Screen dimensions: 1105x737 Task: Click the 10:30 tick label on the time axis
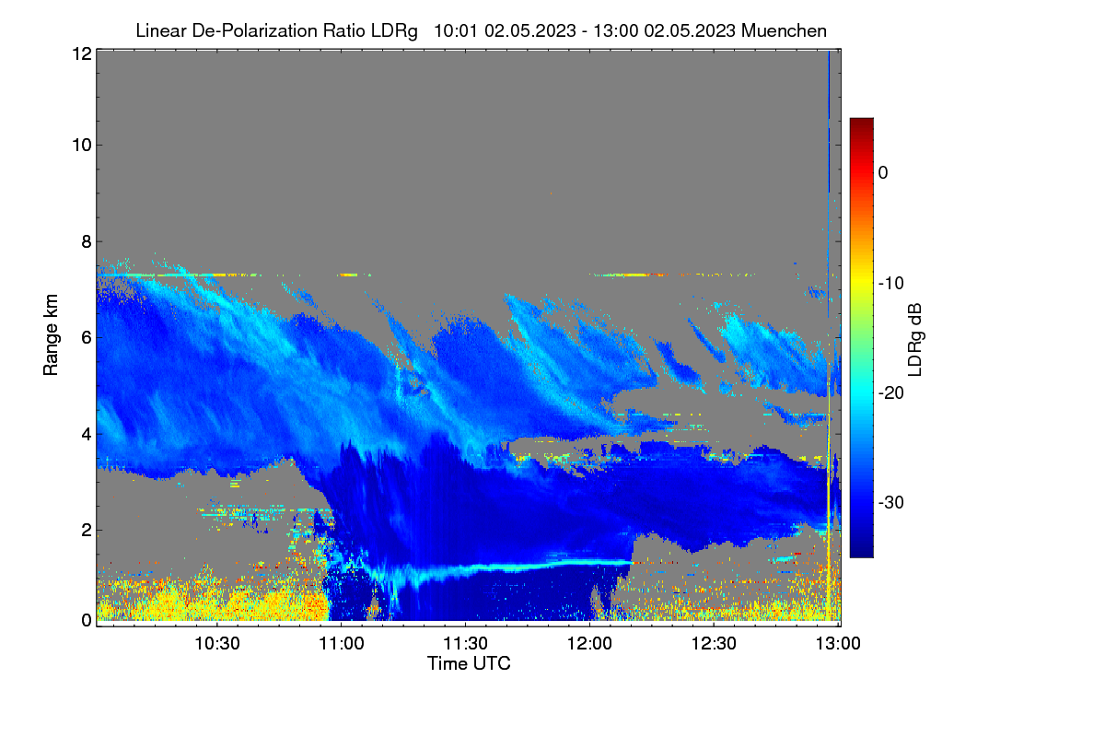point(217,643)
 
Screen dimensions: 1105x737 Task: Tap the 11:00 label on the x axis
point(342,643)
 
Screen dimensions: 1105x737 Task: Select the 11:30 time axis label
point(466,643)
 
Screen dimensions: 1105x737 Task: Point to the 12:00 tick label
point(589,643)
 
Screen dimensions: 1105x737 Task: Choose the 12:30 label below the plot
point(714,643)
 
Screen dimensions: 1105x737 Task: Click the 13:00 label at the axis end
point(838,643)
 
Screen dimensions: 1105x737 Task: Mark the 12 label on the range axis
point(82,53)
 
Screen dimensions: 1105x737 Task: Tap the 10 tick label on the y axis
point(82,146)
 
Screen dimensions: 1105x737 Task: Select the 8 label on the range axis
point(87,241)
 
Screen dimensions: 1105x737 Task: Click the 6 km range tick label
point(87,338)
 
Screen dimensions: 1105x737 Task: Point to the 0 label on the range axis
point(87,620)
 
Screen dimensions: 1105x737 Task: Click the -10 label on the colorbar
point(891,283)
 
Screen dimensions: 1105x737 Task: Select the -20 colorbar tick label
point(891,393)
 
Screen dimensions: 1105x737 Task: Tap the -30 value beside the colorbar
point(891,502)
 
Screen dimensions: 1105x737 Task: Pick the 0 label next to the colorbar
point(883,173)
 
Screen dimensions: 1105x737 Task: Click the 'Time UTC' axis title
point(469,663)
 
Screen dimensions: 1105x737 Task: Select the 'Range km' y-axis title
point(51,334)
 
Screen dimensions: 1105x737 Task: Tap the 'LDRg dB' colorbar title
point(914,340)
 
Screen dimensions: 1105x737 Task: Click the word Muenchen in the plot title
point(784,30)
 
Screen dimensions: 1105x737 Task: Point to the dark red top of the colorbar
point(861,122)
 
